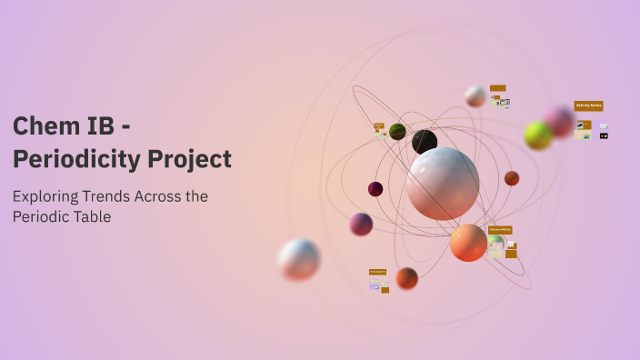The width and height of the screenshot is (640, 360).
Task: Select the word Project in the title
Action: tap(190, 159)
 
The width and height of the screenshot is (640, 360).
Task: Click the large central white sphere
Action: tap(442, 184)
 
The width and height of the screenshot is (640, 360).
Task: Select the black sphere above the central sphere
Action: tap(425, 142)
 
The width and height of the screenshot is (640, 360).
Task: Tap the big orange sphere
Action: tap(468, 243)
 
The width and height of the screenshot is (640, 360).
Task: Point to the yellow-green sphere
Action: tap(538, 135)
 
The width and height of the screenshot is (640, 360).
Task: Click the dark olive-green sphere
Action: tap(397, 132)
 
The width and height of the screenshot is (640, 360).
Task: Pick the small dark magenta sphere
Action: tap(375, 189)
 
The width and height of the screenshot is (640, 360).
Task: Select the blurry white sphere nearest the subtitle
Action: tap(299, 259)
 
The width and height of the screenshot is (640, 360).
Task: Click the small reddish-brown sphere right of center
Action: tap(512, 178)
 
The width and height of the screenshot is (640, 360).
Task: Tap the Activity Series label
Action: tap(588, 105)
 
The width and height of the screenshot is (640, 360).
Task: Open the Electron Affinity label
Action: tap(500, 230)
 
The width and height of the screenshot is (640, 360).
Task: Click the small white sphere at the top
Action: tap(475, 96)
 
